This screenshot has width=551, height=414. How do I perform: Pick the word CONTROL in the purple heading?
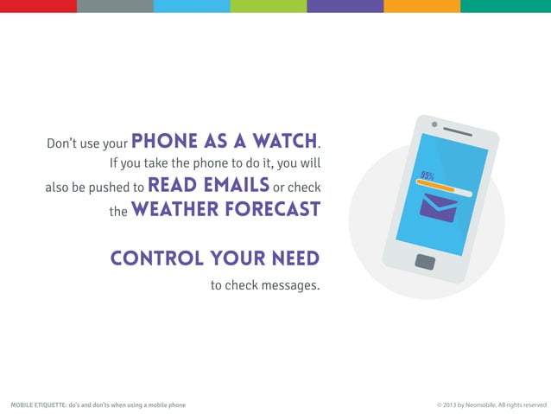pos(155,258)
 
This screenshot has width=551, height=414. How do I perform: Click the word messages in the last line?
pos(289,285)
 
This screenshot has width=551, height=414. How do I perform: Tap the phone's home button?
pos(425,261)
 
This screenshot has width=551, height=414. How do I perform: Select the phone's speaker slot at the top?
pos(458,132)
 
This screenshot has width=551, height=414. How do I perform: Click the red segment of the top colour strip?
pos(38,6)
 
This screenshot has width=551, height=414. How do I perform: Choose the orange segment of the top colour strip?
pos(421,6)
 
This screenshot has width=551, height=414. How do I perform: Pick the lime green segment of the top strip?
pos(268,6)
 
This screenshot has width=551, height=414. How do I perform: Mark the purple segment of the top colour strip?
pos(345,6)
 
